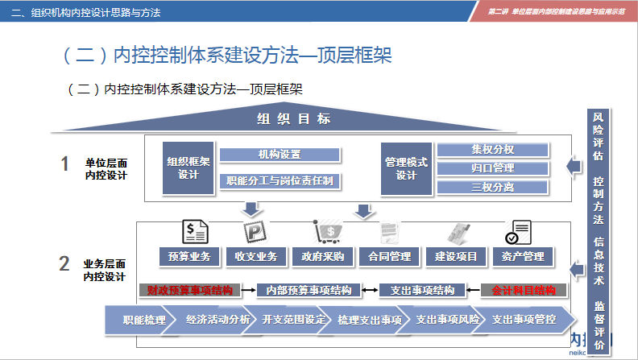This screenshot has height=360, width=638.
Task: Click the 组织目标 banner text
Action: click(x=293, y=119)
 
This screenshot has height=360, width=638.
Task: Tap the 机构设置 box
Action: click(x=280, y=155)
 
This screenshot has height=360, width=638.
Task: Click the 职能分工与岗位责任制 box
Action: click(x=280, y=181)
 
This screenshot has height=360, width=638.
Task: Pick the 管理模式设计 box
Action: click(x=406, y=168)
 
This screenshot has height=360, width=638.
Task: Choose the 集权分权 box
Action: click(x=492, y=150)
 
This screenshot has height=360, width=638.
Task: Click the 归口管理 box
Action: click(x=492, y=168)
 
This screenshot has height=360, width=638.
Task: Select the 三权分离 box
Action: click(x=492, y=188)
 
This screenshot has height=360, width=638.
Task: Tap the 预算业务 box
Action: click(x=189, y=257)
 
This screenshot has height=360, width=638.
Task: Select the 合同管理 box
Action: click(x=389, y=257)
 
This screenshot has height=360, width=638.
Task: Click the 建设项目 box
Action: click(x=456, y=257)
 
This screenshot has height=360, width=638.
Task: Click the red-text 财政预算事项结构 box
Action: click(x=190, y=290)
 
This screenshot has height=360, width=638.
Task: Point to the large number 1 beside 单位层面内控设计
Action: click(x=65, y=164)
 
